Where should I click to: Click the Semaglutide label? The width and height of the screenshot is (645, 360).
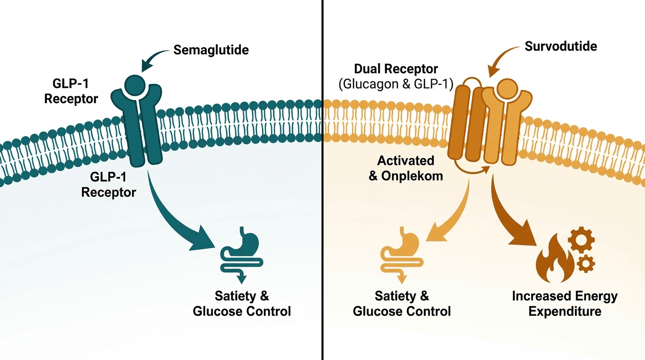pyautogui.click(x=211, y=50)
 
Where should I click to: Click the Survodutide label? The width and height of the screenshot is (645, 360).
pyautogui.click(x=561, y=46)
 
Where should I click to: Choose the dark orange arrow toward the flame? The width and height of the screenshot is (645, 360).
pyautogui.click(x=511, y=211)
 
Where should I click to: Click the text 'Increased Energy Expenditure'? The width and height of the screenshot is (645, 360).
pyautogui.click(x=565, y=304)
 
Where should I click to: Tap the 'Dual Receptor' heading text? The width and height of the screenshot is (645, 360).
pyautogui.click(x=396, y=69)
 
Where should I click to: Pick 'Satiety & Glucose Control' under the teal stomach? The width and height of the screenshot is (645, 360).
pyautogui.click(x=242, y=304)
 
